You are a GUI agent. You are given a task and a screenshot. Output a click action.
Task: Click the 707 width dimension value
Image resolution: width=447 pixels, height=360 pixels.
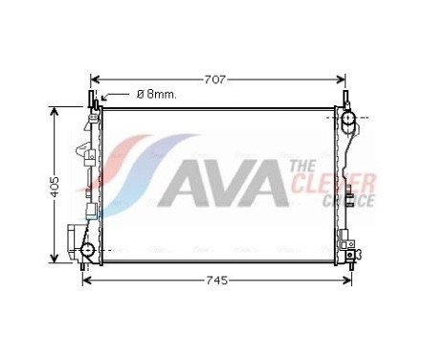tap(215, 80)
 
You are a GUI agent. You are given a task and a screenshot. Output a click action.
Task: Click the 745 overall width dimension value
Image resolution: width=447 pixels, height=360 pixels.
tap(217, 281)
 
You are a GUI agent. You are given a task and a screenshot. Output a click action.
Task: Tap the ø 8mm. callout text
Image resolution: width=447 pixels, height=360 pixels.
tap(157, 94)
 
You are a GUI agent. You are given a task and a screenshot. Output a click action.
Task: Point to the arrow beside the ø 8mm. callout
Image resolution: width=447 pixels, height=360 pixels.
tap(114, 95)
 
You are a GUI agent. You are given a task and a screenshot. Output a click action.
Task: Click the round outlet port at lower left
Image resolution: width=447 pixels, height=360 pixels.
tap(88, 252)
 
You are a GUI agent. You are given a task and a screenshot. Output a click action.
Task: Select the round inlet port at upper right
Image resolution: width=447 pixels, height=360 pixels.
tap(350, 121)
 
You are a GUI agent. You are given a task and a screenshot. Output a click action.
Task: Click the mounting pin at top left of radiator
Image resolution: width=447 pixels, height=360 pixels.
tap(93, 101)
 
